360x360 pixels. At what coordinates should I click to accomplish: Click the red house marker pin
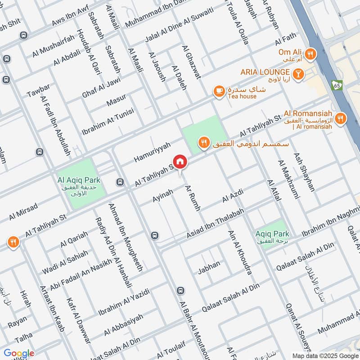click(x=180, y=162)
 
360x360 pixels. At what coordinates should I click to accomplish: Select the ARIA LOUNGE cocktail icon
click(x=297, y=72)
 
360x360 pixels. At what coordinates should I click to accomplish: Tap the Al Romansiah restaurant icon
click(x=341, y=118)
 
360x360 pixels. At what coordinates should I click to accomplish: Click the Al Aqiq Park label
click(x=79, y=180)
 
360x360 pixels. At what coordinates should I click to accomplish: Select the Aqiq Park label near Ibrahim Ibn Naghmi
click(x=272, y=234)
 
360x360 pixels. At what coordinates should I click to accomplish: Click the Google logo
click(x=18, y=353)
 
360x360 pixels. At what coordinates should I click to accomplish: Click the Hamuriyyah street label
click(x=153, y=152)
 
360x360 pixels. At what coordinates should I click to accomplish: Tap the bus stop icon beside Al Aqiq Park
click(x=120, y=182)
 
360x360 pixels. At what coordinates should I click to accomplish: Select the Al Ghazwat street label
click(x=191, y=62)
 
